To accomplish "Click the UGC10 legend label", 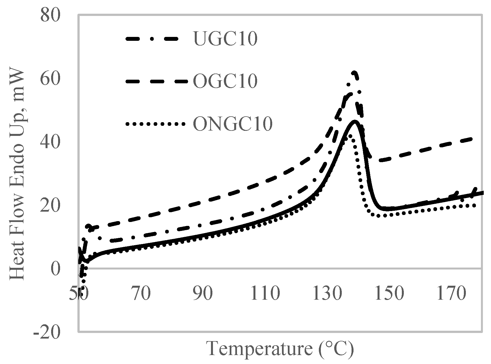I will point(225,39).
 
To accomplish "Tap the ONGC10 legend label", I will point(233,124).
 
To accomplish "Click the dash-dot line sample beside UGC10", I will point(155,39).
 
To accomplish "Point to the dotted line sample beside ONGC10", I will point(155,124).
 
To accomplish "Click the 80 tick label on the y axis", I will point(51,15).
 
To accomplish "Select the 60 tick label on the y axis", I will point(51,79).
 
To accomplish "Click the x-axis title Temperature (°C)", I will point(280,349).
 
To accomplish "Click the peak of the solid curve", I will point(354,121).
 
